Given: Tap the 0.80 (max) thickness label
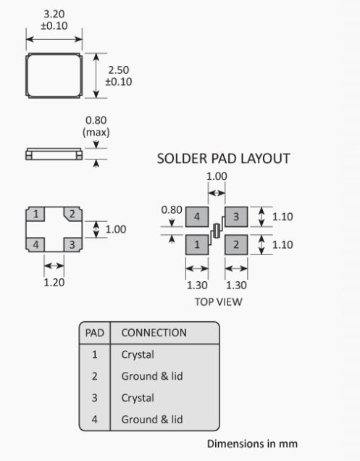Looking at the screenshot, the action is (96, 126).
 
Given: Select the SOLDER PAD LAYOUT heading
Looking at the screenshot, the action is (223, 159).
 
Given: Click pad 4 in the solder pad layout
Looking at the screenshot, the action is (197, 217).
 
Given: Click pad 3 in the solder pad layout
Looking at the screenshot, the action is (236, 217).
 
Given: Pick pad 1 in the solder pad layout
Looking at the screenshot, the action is (197, 244).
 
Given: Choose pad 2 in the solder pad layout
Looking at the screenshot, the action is (236, 244).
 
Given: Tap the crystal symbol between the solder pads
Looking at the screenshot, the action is (217, 230).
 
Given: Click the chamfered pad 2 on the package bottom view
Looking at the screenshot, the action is (73, 214).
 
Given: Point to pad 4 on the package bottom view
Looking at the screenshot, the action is (35, 244).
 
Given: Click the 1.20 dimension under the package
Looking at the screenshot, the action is (54, 282).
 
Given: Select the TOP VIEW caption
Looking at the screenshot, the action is (218, 302).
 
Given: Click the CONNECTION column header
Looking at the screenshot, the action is (154, 333).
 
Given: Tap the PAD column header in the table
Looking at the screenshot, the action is (95, 333).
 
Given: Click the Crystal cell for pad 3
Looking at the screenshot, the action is (138, 398).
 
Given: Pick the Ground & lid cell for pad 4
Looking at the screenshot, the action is (152, 419).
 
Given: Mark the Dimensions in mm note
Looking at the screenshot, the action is (252, 444).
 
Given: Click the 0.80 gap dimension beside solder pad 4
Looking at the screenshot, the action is (172, 210).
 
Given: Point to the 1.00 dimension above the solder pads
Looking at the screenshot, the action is (217, 176).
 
